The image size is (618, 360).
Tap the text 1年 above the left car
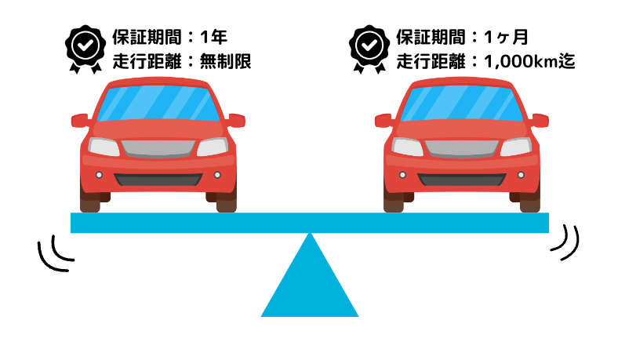(215, 37)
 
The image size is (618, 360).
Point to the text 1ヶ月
(506, 37)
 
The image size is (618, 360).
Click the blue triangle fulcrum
(310, 282)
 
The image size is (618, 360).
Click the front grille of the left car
(158, 147)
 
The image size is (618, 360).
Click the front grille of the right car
(461, 147)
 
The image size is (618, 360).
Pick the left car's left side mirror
(79, 120)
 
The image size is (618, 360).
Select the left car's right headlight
(212, 147)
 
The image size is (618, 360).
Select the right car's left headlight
(407, 147)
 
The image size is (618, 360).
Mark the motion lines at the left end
(55, 253)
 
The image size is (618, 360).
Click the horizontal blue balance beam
(310, 223)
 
